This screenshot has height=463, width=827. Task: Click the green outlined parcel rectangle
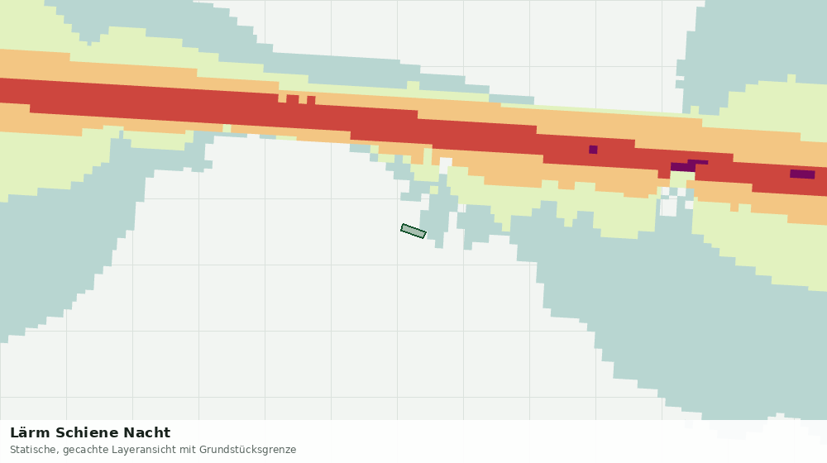tap(413, 231)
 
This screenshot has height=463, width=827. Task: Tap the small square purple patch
tap(593, 150)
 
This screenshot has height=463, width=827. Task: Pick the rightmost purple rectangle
tap(802, 174)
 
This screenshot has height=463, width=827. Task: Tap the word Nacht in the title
tap(147, 433)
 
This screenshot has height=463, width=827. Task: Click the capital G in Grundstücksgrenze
tap(203, 450)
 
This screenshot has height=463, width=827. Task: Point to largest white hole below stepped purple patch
tap(669, 207)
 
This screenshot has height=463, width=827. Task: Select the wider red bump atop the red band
tap(293, 98)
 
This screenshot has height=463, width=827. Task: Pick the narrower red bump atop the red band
tap(311, 100)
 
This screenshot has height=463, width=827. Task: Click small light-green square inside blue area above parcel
tap(434, 190)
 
